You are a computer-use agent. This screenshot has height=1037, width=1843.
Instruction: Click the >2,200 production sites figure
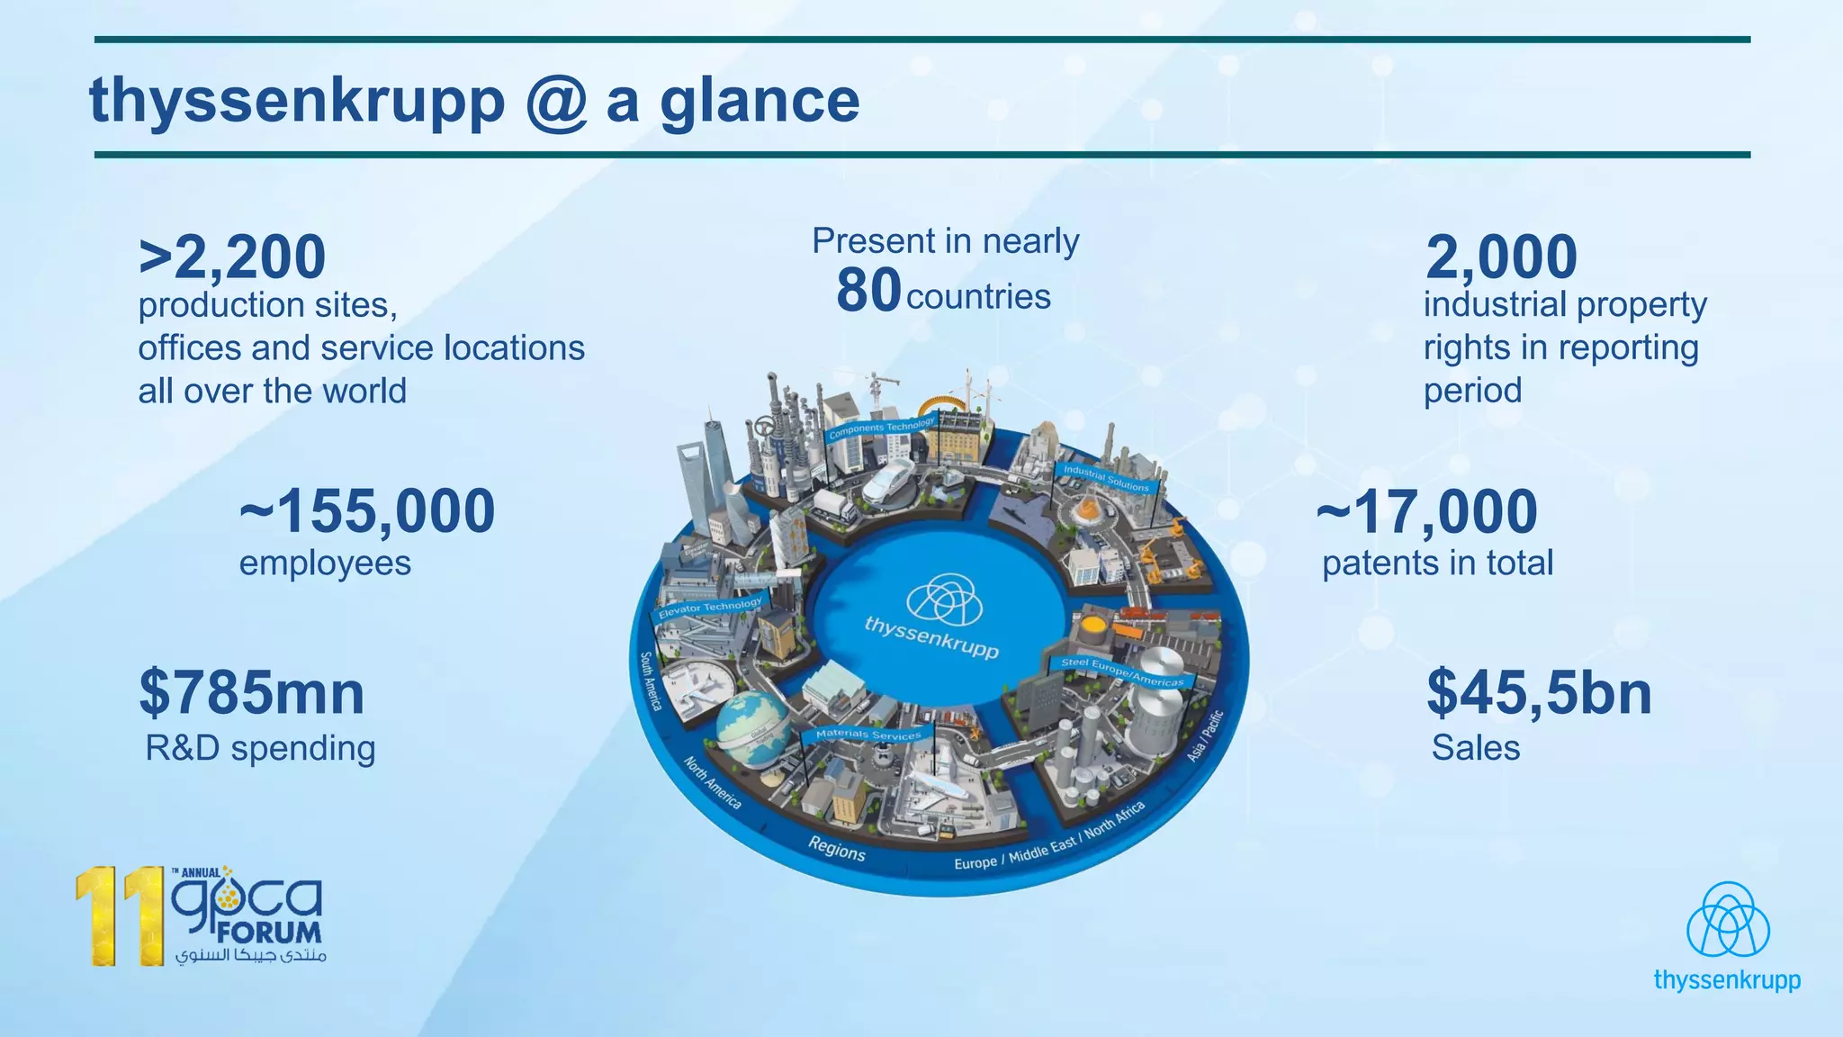(x=232, y=257)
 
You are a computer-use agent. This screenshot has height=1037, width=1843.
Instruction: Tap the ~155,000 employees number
(x=367, y=511)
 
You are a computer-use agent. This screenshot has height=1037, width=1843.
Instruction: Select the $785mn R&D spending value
(x=252, y=694)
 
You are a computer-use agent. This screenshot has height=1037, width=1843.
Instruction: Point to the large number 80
(x=868, y=291)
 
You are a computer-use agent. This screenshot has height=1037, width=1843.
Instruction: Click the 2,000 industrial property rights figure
(x=1501, y=257)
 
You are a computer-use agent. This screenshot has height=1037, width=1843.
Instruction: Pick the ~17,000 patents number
(x=1427, y=511)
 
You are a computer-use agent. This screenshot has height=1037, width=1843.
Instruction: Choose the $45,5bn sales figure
(x=1539, y=694)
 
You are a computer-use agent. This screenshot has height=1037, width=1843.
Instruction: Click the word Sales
(x=1476, y=748)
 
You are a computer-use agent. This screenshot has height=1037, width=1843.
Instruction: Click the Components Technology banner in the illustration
(x=882, y=428)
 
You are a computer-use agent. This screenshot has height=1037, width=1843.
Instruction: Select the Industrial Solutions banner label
(x=1106, y=478)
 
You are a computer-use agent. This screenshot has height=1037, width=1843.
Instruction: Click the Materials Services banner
(x=868, y=735)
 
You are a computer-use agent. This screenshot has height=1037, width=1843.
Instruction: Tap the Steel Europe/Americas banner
(x=1122, y=672)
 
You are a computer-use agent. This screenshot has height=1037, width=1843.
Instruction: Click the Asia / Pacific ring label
(x=1205, y=735)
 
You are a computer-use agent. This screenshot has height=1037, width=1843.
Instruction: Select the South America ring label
(x=651, y=681)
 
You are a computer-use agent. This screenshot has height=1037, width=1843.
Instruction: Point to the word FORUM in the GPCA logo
(x=268, y=933)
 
